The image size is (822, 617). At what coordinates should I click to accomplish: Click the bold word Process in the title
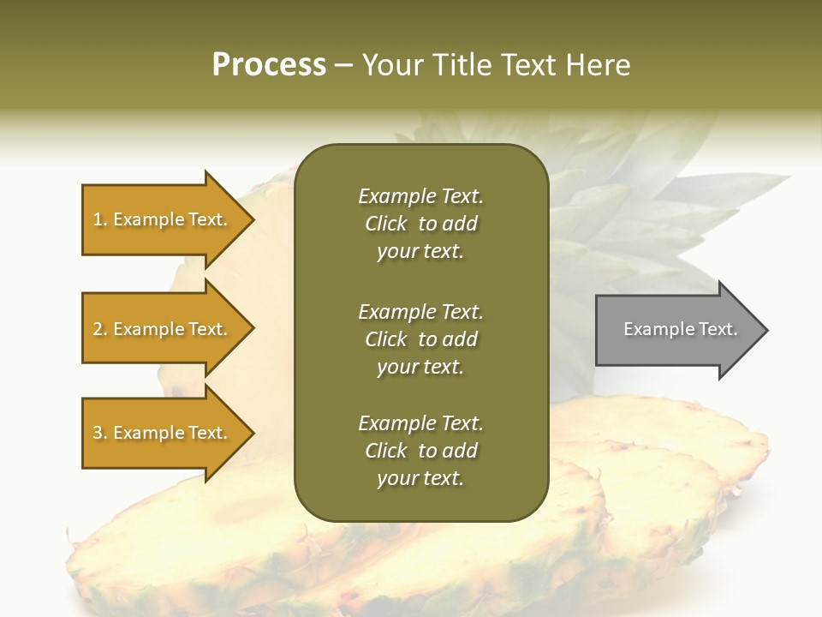point(269,65)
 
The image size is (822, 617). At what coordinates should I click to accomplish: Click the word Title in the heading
point(462,65)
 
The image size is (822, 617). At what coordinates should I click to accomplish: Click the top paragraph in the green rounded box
point(420,224)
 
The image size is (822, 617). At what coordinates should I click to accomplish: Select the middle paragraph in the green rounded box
point(420,339)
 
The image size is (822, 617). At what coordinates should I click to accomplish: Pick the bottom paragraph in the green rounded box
point(420,451)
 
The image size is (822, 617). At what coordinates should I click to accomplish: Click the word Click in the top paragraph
point(386,224)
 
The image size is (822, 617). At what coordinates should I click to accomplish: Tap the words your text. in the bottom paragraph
point(420,479)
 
